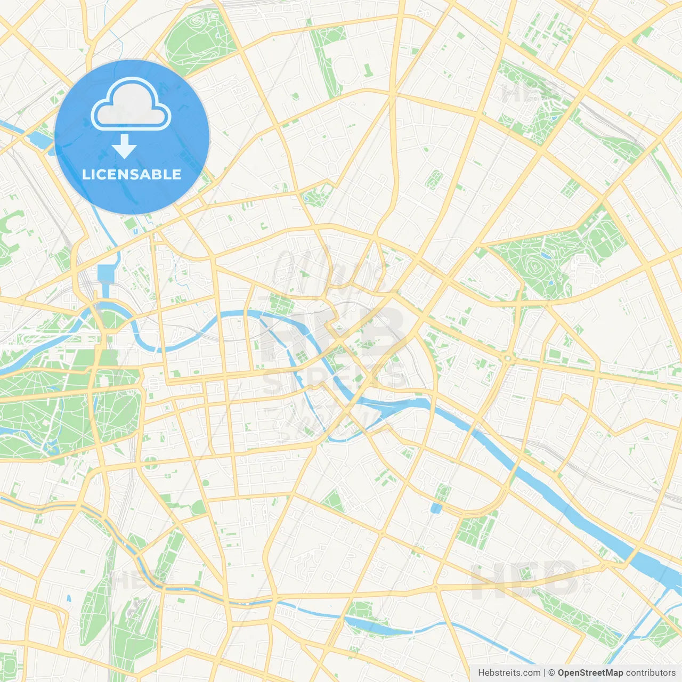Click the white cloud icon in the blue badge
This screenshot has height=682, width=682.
[x=131, y=104]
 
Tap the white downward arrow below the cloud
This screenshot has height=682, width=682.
[x=125, y=146]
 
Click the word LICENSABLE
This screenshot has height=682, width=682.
[x=132, y=174]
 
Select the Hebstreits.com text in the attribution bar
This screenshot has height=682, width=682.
[x=509, y=673]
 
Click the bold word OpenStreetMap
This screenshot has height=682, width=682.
[x=590, y=673]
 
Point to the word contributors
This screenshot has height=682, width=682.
[x=650, y=673]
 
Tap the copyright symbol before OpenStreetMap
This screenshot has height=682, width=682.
[x=552, y=673]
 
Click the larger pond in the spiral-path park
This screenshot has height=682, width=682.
[x=547, y=255]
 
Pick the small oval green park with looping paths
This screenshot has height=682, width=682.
[x=435, y=180]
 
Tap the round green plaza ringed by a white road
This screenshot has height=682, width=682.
[x=151, y=461]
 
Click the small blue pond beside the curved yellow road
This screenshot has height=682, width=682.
[x=436, y=508]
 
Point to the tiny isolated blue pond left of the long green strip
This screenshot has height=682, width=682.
[x=69, y=598]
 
